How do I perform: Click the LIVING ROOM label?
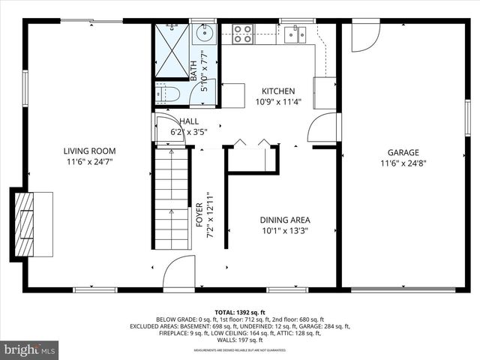[x=89, y=151]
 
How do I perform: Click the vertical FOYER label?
[x=199, y=214]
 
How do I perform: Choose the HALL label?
[x=188, y=121]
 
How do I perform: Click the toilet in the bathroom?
[x=170, y=94]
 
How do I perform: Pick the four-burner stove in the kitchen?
[x=242, y=33]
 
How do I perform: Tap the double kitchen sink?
[x=295, y=34]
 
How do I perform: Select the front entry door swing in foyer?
[x=180, y=274]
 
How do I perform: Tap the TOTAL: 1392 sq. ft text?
[x=241, y=311]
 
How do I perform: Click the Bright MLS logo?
[x=29, y=349]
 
